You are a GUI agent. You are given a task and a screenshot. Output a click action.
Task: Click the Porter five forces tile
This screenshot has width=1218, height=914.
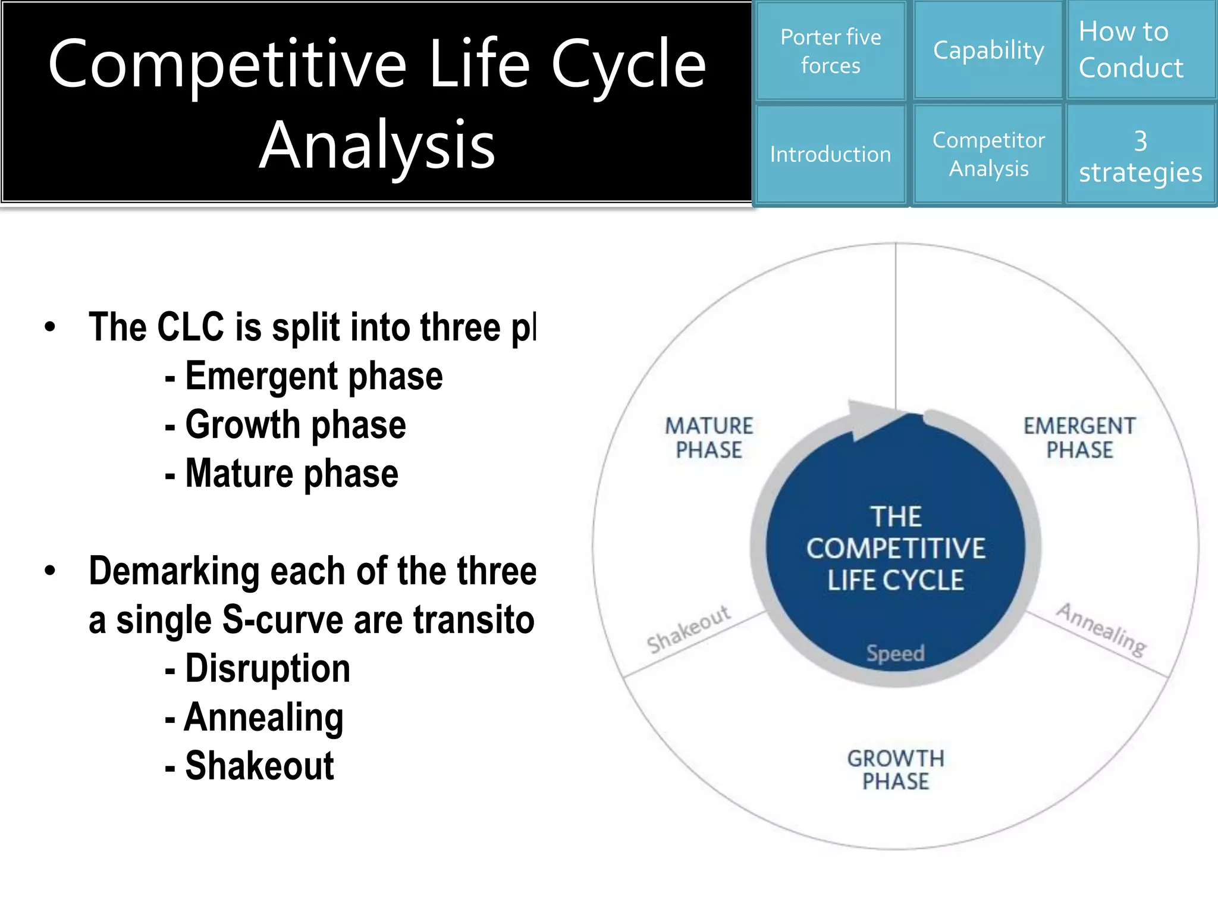pos(830,51)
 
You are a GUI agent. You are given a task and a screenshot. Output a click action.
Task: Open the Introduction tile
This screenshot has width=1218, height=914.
pos(830,154)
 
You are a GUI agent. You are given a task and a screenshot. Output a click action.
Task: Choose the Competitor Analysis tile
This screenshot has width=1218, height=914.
pos(988,154)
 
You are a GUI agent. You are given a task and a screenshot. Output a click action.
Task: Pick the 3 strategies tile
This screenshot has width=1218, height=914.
pos(1140,156)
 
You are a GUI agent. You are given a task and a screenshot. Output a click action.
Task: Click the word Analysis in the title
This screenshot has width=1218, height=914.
pos(377,145)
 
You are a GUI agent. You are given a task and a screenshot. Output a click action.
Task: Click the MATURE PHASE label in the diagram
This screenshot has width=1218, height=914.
pos(709,438)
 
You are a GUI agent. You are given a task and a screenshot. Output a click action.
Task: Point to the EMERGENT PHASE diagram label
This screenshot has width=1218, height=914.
pos(1079,438)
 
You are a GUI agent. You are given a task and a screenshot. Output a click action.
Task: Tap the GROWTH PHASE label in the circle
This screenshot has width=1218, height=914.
pos(896,769)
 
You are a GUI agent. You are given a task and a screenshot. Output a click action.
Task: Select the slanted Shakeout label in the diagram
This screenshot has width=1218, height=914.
pos(689,629)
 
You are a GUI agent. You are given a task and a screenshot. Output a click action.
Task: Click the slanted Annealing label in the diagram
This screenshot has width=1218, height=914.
pos(1101,630)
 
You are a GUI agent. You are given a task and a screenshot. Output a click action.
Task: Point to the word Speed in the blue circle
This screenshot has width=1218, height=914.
pos(895,653)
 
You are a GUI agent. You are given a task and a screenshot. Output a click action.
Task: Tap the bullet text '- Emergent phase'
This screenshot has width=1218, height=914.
pos(304,376)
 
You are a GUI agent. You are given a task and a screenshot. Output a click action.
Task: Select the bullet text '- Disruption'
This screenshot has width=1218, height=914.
pos(258,668)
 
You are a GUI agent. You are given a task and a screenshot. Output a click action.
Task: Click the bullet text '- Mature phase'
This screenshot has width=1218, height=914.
pos(281,474)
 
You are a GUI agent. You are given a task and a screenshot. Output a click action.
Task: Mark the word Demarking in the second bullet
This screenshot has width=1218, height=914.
pos(174,571)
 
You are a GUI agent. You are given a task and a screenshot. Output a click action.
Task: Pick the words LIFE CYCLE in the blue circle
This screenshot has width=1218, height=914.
pos(895,580)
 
